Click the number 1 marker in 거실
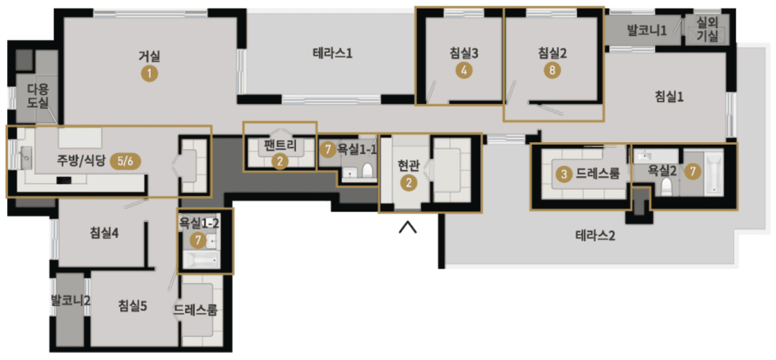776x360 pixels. click(x=149, y=72)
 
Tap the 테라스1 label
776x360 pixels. click(x=332, y=53)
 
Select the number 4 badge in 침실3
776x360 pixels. click(x=464, y=70)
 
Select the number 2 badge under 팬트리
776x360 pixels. click(x=280, y=161)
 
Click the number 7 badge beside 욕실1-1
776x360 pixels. click(x=327, y=149)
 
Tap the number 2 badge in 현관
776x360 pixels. click(x=408, y=182)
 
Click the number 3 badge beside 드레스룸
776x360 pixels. click(x=564, y=172)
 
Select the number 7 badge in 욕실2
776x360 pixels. click(x=693, y=170)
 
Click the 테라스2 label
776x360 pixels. click(x=595, y=236)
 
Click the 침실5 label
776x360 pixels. click(x=132, y=305)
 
